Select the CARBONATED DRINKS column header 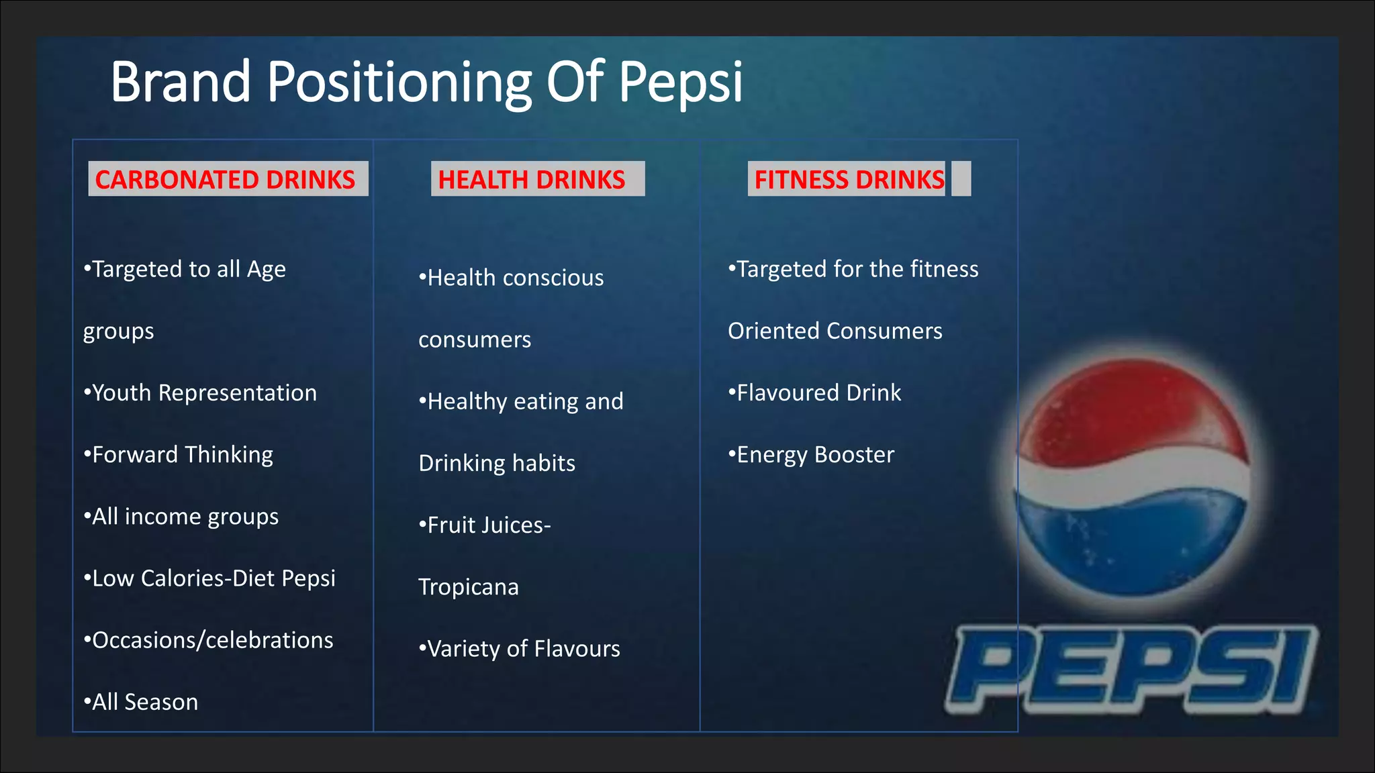(226, 179)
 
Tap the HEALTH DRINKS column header (532, 179)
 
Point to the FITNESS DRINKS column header (849, 179)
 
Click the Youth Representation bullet (201, 393)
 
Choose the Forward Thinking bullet (179, 455)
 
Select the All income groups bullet (181, 517)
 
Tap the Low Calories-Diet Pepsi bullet (209, 578)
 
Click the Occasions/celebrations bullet (209, 640)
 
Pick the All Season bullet (141, 702)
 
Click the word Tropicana (469, 587)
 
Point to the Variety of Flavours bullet (520, 649)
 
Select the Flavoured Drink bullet (815, 393)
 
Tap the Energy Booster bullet (812, 455)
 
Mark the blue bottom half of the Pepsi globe (1135, 544)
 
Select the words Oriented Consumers (835, 331)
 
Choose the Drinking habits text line (497, 463)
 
